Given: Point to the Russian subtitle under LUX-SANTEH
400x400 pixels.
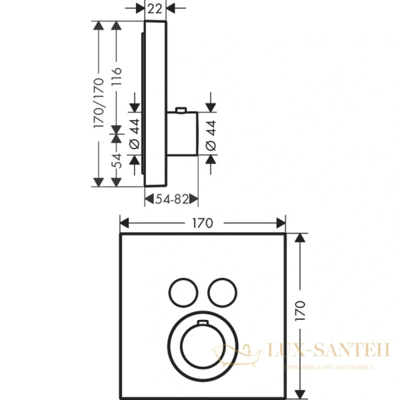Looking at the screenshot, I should point(327,367).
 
